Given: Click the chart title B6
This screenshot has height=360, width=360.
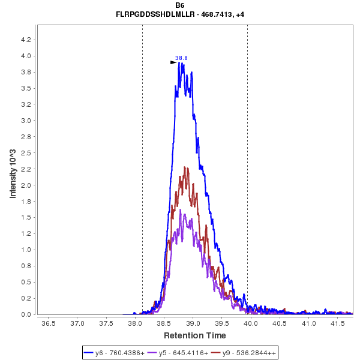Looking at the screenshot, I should pos(180,5).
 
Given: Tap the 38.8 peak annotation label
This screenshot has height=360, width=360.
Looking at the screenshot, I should pos(181,58).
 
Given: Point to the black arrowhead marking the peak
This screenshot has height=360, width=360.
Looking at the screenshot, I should pos(173,62).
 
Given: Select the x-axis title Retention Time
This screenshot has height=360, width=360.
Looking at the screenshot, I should pos(195,335).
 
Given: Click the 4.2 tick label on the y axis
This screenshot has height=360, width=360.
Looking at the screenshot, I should pos(27,40).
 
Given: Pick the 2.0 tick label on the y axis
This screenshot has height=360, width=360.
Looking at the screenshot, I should pos(27,185).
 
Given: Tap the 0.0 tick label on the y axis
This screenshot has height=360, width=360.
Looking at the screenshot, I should pos(27,314).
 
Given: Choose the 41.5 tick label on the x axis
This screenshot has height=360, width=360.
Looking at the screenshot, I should pos(338,323).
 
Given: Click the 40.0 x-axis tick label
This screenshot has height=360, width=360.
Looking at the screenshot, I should pos(251,323).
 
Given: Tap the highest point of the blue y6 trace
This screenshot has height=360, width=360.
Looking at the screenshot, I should pos(179,62).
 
